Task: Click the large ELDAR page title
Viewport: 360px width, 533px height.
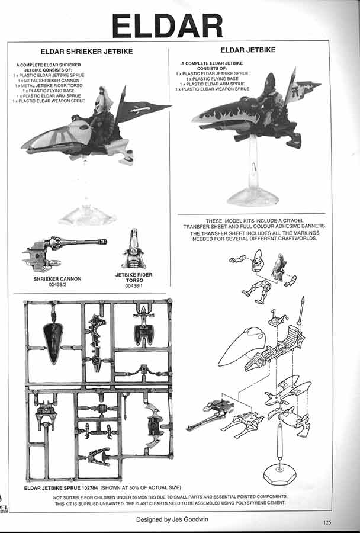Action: tap(167, 26)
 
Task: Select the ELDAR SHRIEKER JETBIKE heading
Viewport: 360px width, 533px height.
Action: tap(86, 52)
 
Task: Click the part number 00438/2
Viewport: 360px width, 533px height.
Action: tap(57, 284)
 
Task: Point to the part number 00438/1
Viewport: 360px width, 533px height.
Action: tap(134, 286)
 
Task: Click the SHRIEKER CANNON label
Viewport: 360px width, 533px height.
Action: tap(57, 279)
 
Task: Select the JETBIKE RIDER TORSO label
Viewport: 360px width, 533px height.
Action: tap(134, 277)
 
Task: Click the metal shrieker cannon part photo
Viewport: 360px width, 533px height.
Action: tap(64, 252)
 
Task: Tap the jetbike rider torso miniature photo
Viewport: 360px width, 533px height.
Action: tap(134, 249)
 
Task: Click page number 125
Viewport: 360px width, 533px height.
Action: tap(327, 522)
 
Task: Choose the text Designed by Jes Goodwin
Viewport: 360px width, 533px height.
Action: tap(172, 519)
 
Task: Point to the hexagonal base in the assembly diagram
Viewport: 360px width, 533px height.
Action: tap(280, 474)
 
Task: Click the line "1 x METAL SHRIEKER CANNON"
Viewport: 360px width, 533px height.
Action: tap(49, 80)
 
